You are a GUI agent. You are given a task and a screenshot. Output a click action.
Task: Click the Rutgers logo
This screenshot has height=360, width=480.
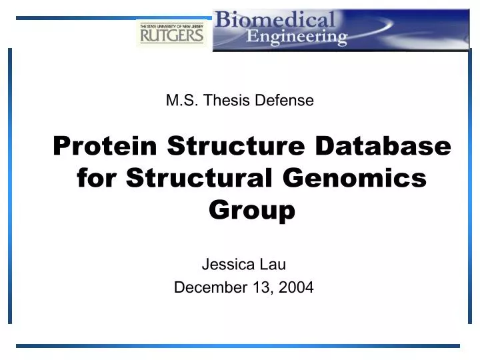pyautogui.click(x=171, y=33)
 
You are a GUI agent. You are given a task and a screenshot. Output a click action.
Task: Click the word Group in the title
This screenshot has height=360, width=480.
pyautogui.click(x=252, y=211)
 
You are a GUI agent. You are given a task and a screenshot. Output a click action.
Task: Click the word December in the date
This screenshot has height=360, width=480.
pyautogui.click(x=207, y=288)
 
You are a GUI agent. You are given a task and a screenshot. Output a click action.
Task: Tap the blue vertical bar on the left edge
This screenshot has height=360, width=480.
pyautogui.click(x=10, y=187)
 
